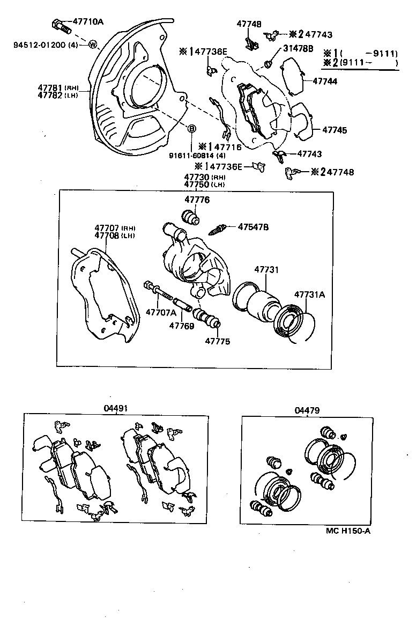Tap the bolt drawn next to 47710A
(60, 25)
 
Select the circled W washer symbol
(92, 44)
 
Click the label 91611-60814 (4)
(197, 156)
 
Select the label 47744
(325, 82)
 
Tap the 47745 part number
(334, 130)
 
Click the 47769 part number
(181, 325)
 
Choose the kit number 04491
(115, 409)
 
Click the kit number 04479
(307, 410)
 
